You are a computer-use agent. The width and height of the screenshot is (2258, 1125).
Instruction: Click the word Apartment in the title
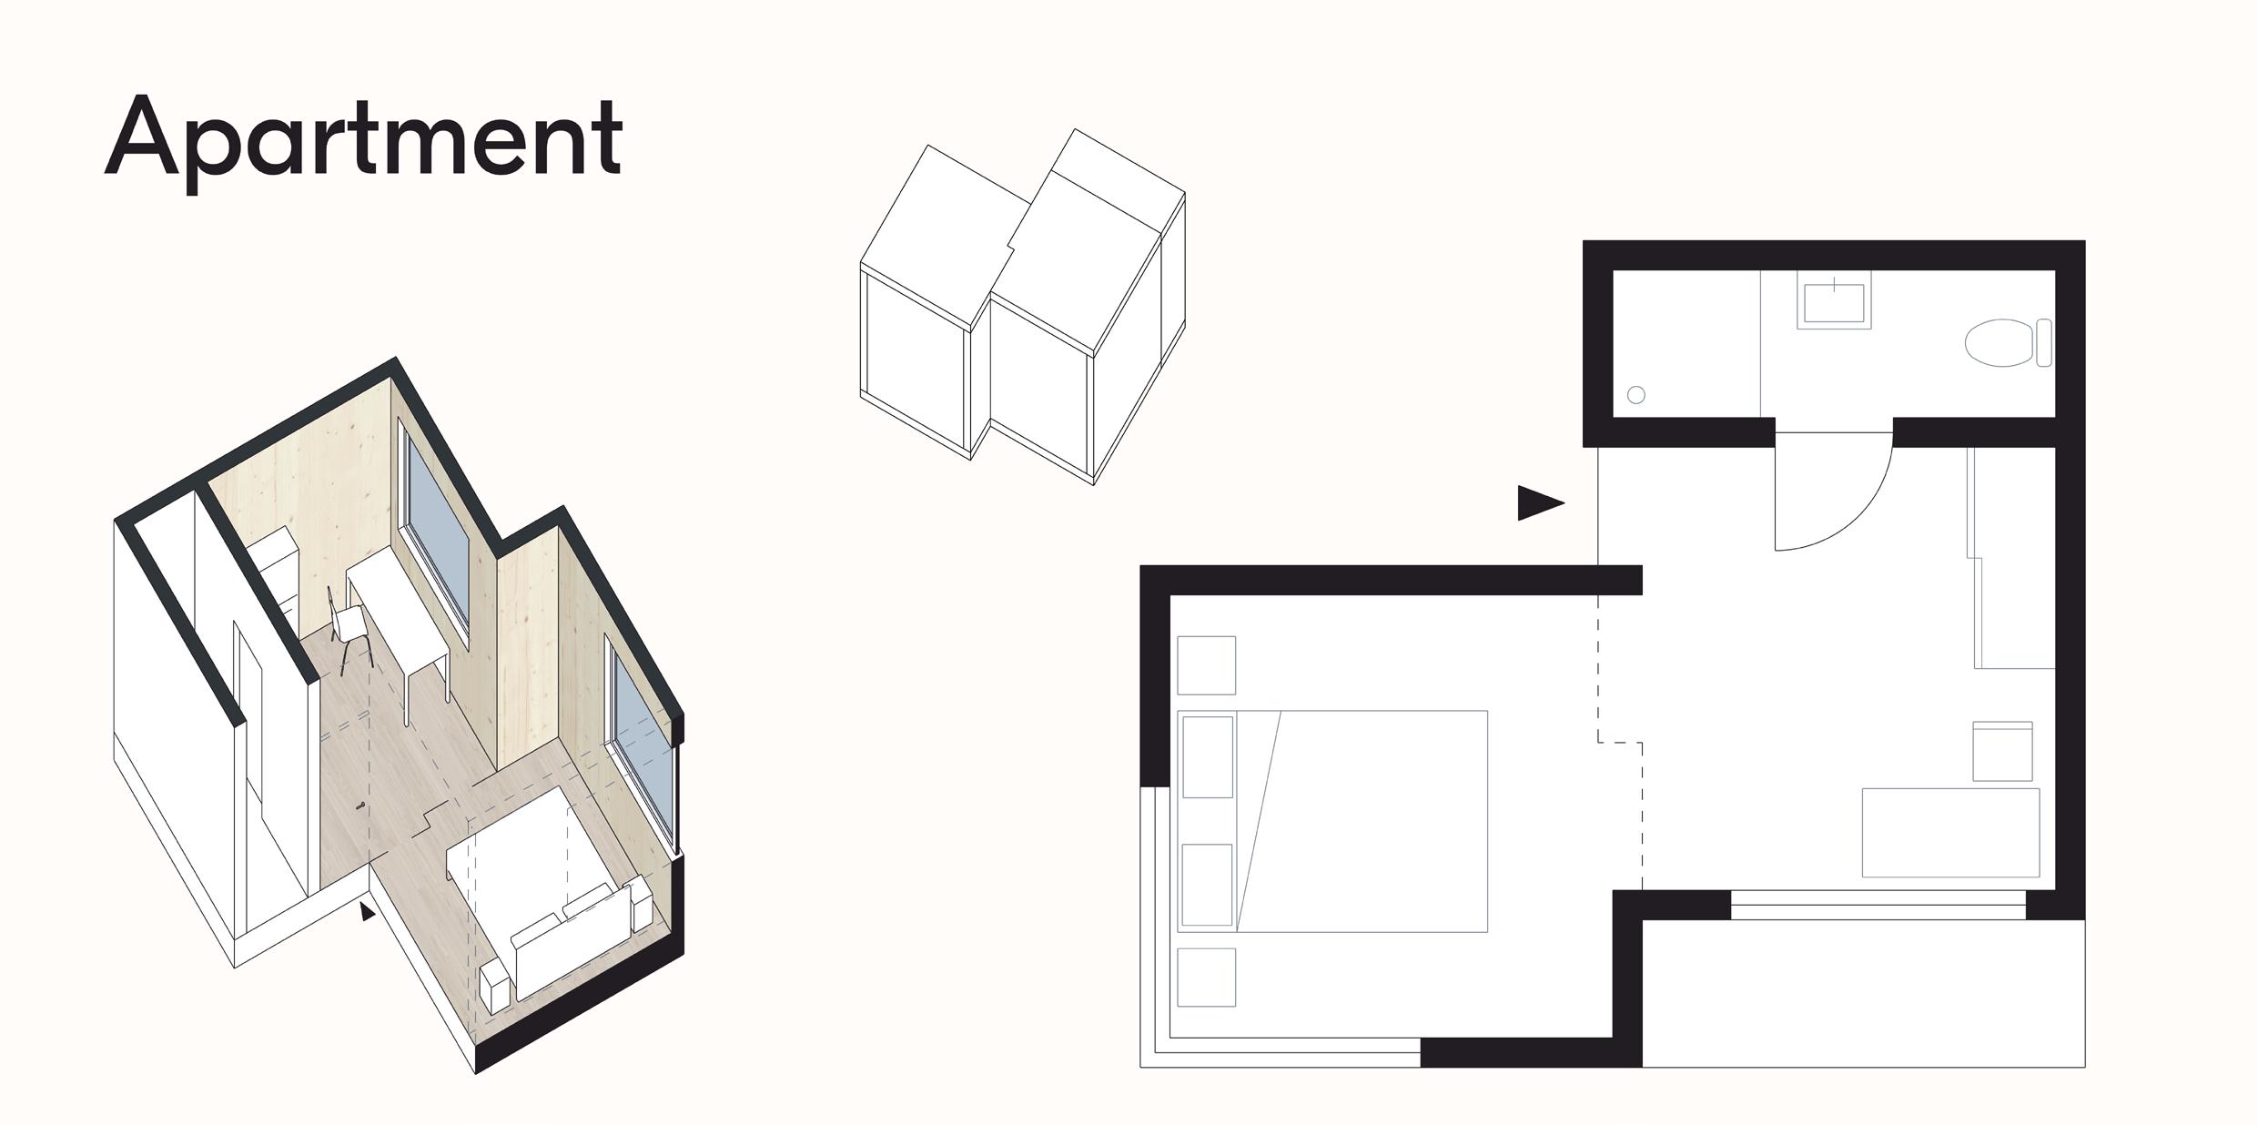pyautogui.click(x=364, y=141)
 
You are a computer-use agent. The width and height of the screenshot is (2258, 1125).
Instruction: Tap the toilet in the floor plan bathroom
pyautogui.click(x=2000, y=343)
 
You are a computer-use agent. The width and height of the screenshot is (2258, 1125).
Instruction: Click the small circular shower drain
pyautogui.click(x=1635, y=395)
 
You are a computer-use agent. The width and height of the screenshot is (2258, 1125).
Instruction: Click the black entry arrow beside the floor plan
pyautogui.click(x=1538, y=502)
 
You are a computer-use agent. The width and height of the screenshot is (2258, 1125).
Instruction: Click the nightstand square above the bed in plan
pyautogui.click(x=1206, y=665)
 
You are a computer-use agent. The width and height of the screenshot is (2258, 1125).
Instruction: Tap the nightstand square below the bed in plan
pyautogui.click(x=1206, y=978)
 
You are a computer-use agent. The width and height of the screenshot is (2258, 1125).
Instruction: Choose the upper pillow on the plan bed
pyautogui.click(x=1207, y=756)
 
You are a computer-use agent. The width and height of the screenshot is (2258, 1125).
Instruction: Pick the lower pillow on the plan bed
pyautogui.click(x=1207, y=885)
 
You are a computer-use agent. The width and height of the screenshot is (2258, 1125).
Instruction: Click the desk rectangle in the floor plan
pyautogui.click(x=1950, y=832)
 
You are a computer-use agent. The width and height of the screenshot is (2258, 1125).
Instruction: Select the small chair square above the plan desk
pyautogui.click(x=2002, y=751)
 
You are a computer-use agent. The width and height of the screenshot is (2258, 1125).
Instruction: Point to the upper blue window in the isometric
pyautogui.click(x=437, y=529)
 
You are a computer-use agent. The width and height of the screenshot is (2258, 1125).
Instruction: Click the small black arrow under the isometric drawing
pyautogui.click(x=367, y=911)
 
